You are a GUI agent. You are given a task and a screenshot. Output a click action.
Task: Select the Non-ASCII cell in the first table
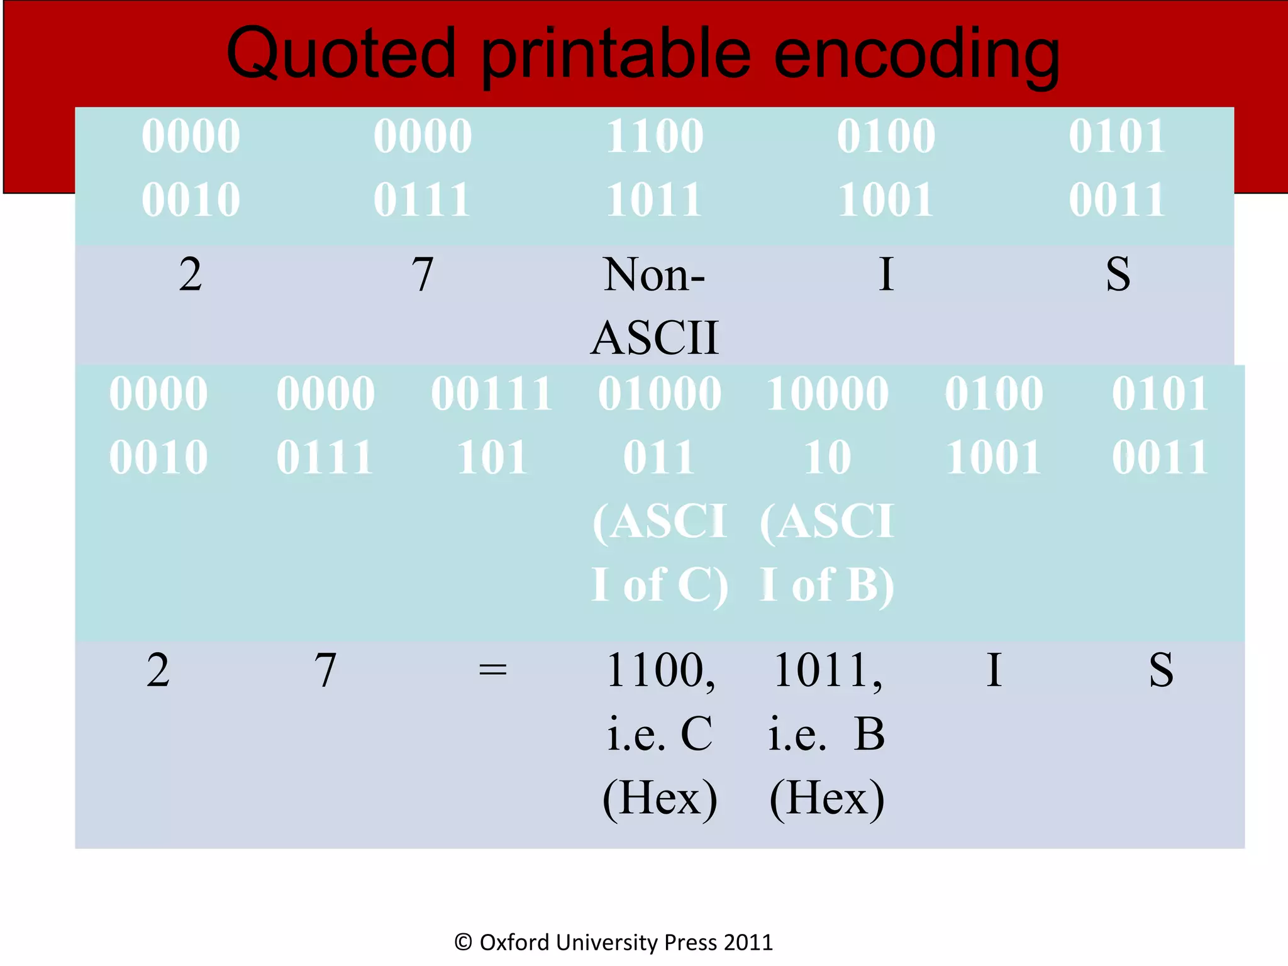(x=654, y=306)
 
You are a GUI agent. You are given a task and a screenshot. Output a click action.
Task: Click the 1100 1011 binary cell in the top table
(x=654, y=167)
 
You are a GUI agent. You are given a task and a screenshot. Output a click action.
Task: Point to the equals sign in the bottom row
(x=492, y=670)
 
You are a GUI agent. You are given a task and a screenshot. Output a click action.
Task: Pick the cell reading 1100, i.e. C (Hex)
(x=660, y=733)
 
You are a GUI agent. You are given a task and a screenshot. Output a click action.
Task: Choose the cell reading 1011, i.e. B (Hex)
(x=827, y=733)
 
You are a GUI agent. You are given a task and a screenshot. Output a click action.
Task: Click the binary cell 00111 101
(x=492, y=425)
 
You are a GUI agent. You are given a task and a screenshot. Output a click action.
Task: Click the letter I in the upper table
(x=886, y=275)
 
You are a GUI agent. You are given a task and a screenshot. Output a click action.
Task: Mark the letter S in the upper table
(x=1118, y=275)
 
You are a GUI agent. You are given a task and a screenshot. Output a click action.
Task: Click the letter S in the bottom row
(x=1160, y=670)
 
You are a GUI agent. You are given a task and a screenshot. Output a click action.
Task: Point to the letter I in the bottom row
(x=994, y=670)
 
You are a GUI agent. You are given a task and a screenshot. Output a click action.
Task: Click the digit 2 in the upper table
(x=191, y=275)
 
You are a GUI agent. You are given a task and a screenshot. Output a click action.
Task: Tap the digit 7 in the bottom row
(x=325, y=670)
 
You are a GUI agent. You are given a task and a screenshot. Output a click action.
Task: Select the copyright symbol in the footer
(x=464, y=942)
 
